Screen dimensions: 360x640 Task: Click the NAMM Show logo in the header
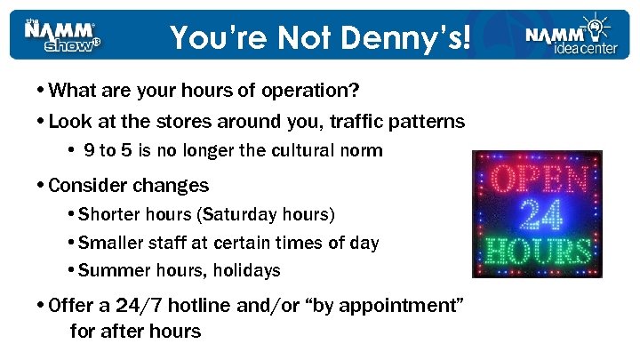pyautogui.click(x=63, y=36)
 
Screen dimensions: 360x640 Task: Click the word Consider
pyautogui.click(x=88, y=186)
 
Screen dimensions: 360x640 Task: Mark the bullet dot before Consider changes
pyautogui.click(x=44, y=186)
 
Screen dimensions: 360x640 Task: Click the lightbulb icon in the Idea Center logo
pyautogui.click(x=593, y=23)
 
